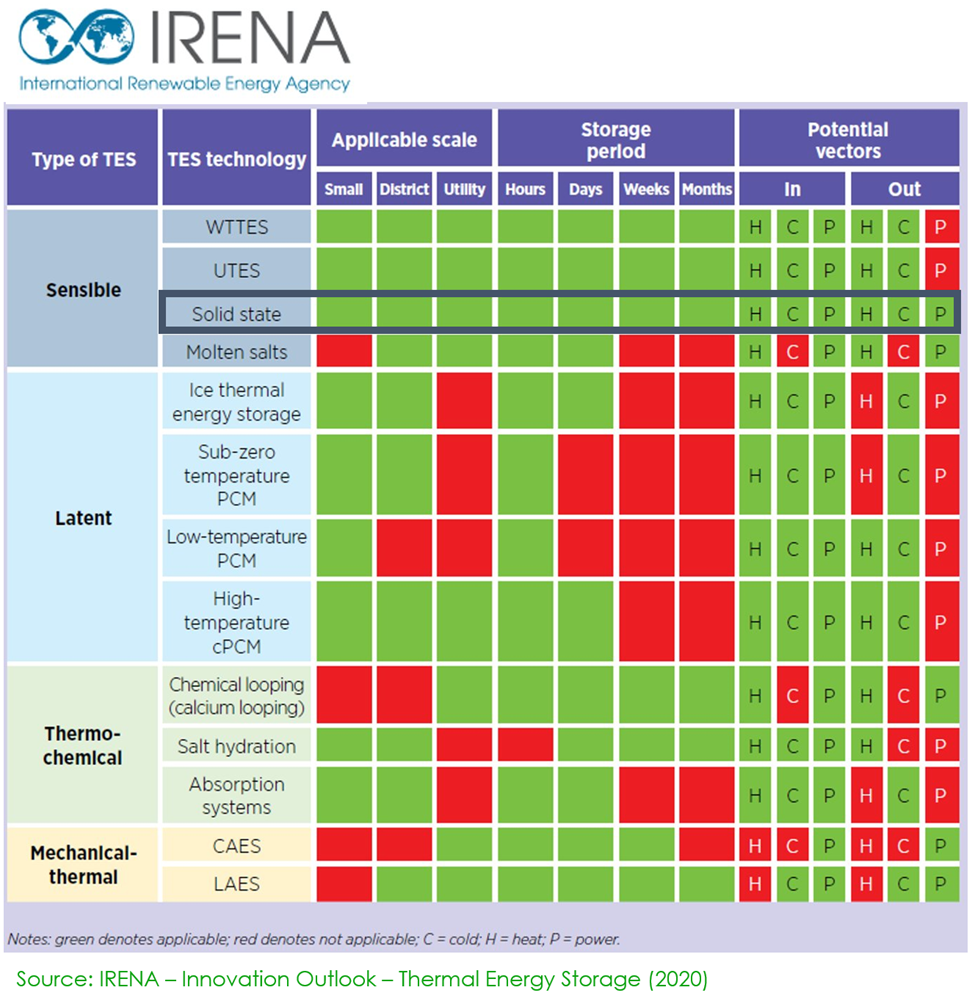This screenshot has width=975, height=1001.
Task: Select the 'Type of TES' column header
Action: (x=83, y=160)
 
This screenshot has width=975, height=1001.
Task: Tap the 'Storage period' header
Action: (x=615, y=141)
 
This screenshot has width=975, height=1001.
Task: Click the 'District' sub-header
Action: (x=404, y=189)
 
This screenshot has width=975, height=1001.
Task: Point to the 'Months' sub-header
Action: (x=707, y=189)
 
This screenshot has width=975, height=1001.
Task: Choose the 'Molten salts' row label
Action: (x=237, y=352)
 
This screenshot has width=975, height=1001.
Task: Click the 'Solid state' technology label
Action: (x=237, y=315)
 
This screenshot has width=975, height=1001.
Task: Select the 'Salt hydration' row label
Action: (x=237, y=746)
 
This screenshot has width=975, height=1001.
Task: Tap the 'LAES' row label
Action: (x=237, y=884)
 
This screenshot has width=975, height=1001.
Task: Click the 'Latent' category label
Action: (x=83, y=518)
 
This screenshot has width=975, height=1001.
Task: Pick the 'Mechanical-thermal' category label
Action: (x=83, y=865)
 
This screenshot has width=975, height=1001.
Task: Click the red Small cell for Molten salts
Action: (x=344, y=351)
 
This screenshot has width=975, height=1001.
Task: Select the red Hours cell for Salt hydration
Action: (x=525, y=746)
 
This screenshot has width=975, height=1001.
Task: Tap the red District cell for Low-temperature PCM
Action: (x=404, y=548)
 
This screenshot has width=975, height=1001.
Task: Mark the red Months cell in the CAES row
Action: (x=707, y=846)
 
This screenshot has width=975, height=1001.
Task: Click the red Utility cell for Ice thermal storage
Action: (x=464, y=401)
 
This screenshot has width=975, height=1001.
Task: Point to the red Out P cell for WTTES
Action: (x=940, y=227)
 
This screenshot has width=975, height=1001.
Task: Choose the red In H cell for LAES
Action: (x=755, y=884)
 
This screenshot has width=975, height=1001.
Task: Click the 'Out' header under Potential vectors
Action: (x=904, y=189)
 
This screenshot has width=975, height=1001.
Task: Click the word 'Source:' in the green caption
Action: (x=51, y=979)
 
